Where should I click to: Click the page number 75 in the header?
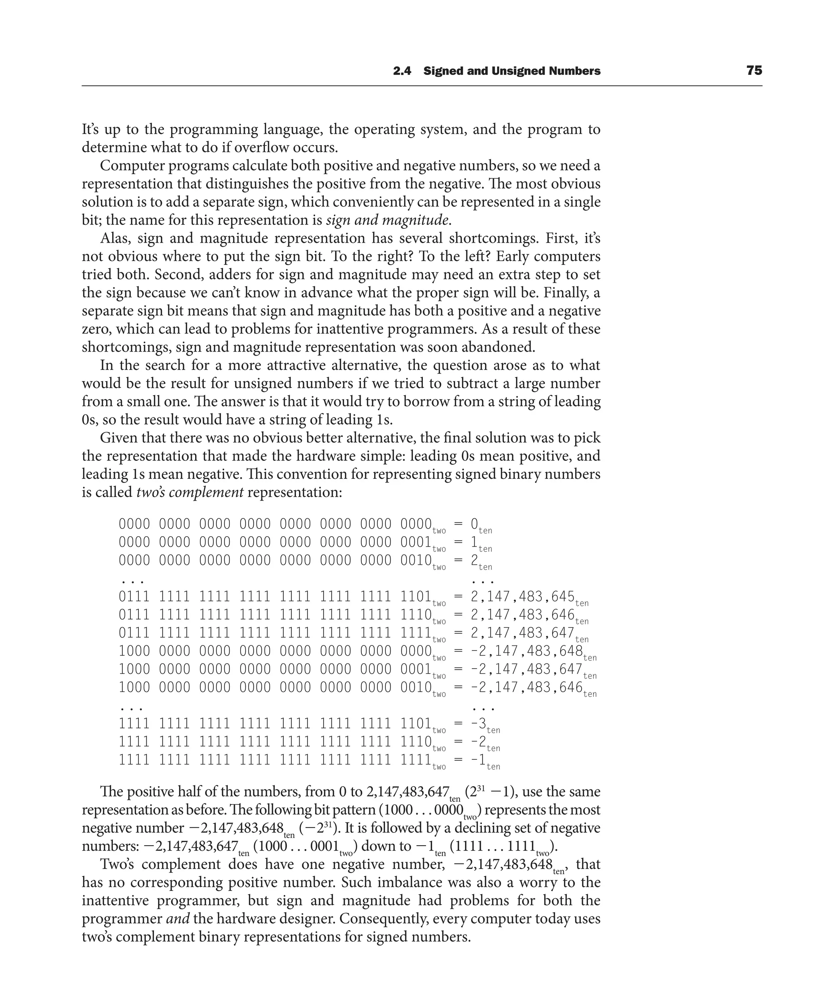(x=754, y=71)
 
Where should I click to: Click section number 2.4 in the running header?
(x=402, y=71)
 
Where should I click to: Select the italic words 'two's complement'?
(x=189, y=492)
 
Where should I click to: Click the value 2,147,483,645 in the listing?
(x=522, y=597)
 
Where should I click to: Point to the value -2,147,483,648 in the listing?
(x=527, y=651)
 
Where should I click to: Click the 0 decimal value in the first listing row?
(x=474, y=524)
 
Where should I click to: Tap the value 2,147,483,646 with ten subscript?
(x=522, y=615)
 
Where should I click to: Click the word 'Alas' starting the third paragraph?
(x=114, y=238)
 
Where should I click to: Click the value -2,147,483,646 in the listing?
(x=527, y=688)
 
